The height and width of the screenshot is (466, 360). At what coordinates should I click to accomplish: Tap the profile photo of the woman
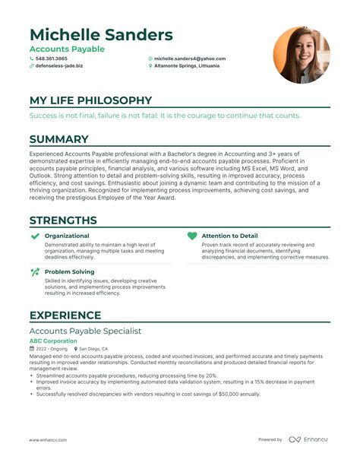tap(302, 55)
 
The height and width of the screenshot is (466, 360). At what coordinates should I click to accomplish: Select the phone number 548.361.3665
tap(51, 58)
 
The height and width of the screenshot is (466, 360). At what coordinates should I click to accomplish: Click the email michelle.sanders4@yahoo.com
tap(189, 58)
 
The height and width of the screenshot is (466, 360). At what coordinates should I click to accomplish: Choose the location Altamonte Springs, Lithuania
tap(186, 66)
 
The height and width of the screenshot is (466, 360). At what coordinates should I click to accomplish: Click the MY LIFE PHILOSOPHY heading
tap(90, 100)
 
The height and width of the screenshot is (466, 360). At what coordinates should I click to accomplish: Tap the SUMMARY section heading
tap(59, 139)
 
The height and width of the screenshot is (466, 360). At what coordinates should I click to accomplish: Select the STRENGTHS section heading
tap(63, 220)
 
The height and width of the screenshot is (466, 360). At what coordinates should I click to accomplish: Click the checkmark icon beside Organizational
tap(35, 236)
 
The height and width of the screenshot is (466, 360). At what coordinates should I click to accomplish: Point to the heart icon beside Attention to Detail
tap(192, 236)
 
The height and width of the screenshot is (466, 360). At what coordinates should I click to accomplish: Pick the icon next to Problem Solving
tap(35, 271)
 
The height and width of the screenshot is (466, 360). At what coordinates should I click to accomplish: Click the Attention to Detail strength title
tap(230, 236)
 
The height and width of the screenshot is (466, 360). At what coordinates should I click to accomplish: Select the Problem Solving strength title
tap(70, 271)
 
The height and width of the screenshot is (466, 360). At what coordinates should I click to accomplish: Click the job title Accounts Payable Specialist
tap(85, 331)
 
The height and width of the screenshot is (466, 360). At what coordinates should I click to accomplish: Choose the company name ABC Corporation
tap(53, 341)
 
